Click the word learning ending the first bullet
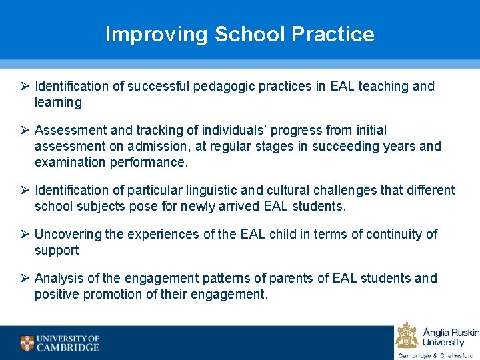click(58, 102)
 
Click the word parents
click(267, 278)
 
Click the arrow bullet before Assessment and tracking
click(24, 130)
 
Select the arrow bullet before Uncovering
click(24, 234)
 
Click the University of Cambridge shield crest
click(27, 343)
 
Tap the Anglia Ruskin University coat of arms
click(407, 335)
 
